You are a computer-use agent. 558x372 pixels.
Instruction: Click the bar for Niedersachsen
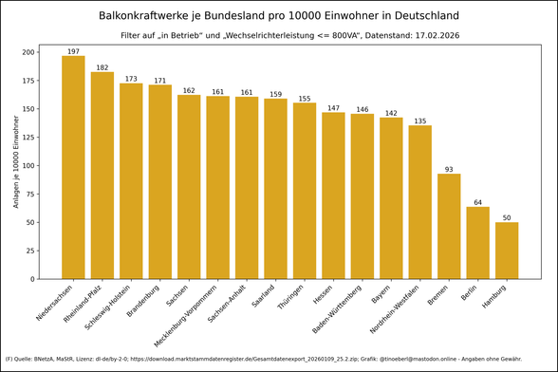tap(73, 167)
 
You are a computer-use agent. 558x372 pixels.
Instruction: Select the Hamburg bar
tap(507, 251)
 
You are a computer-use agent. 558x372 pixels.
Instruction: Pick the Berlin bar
tap(478, 242)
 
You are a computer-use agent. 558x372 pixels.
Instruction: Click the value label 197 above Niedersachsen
tap(73, 51)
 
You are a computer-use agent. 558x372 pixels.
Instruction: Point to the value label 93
tap(449, 169)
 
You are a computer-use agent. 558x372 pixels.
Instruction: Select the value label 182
tap(102, 67)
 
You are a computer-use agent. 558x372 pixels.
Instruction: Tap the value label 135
tap(420, 121)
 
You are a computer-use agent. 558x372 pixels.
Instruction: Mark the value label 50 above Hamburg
tap(507, 217)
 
